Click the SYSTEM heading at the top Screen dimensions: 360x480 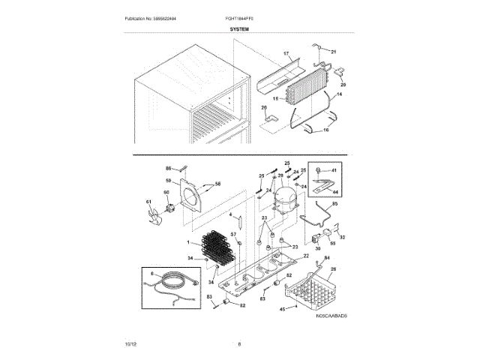(x=239, y=28)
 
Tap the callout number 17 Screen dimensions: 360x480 (x=286, y=54)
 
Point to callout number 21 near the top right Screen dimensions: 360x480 (x=334, y=51)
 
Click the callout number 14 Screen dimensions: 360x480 (x=337, y=95)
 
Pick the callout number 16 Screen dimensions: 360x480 (x=325, y=130)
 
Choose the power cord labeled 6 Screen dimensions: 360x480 (x=172, y=285)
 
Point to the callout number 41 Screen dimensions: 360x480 (x=334, y=171)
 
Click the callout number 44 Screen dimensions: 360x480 (x=334, y=192)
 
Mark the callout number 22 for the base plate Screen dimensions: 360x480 (x=306, y=256)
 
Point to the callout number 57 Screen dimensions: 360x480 (x=232, y=235)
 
